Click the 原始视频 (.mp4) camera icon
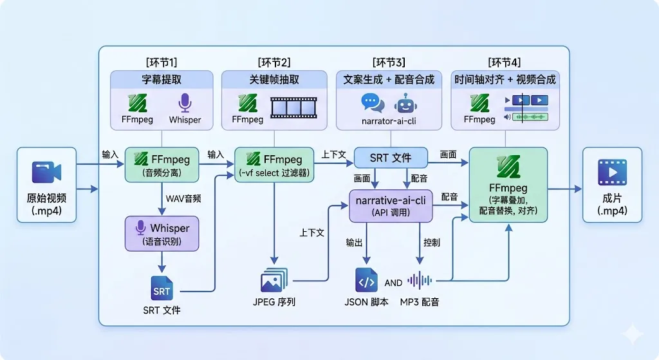(x=46, y=172)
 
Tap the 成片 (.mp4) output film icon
(x=612, y=172)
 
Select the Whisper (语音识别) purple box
(x=162, y=234)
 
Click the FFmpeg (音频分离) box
(x=162, y=164)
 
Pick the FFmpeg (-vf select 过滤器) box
(x=274, y=164)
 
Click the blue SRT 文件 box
(x=391, y=158)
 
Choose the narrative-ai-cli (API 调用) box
(x=391, y=205)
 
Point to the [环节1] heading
(x=162, y=62)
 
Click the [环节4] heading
(x=504, y=62)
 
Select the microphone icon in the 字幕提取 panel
(x=185, y=103)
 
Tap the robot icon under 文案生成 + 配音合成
(x=407, y=104)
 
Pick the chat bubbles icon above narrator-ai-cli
(x=372, y=103)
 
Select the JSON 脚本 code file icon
(x=366, y=280)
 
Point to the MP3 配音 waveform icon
(x=419, y=280)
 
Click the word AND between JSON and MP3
(x=393, y=282)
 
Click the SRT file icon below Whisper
(x=162, y=289)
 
